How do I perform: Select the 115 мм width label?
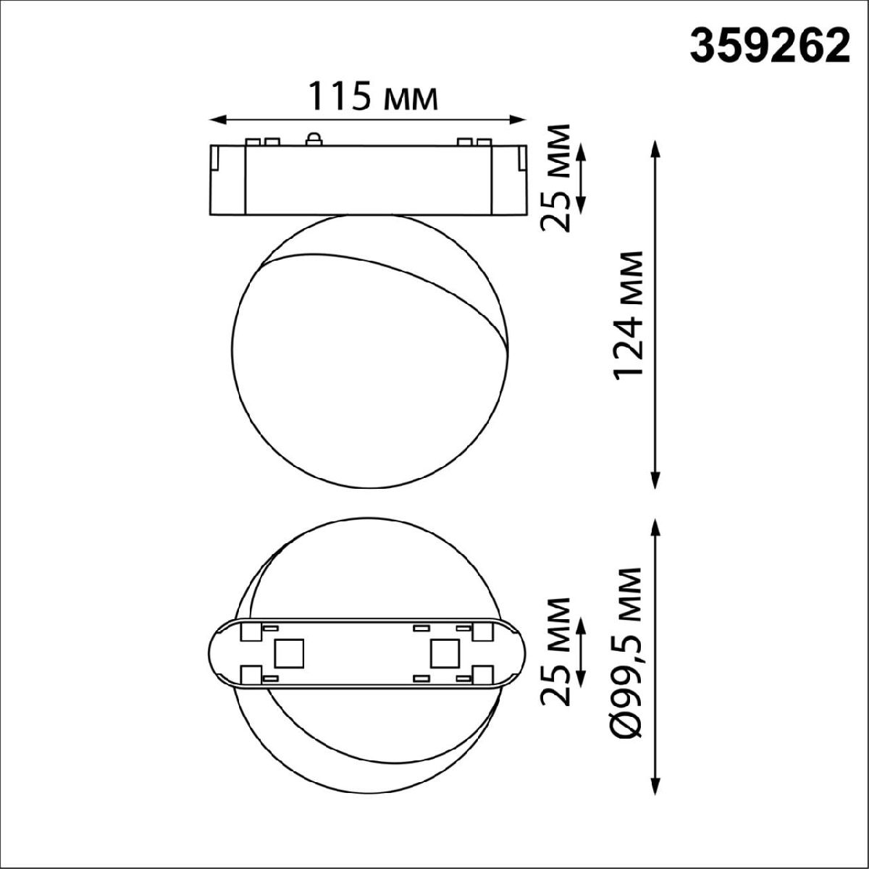[x=374, y=96]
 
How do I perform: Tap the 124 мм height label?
[x=627, y=314]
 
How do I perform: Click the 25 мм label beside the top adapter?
[x=557, y=177]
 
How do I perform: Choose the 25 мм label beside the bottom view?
[x=557, y=652]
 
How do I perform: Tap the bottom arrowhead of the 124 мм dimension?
[x=656, y=483]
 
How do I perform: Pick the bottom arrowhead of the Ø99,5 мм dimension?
[x=656, y=788]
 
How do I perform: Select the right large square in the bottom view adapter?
[x=443, y=654]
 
